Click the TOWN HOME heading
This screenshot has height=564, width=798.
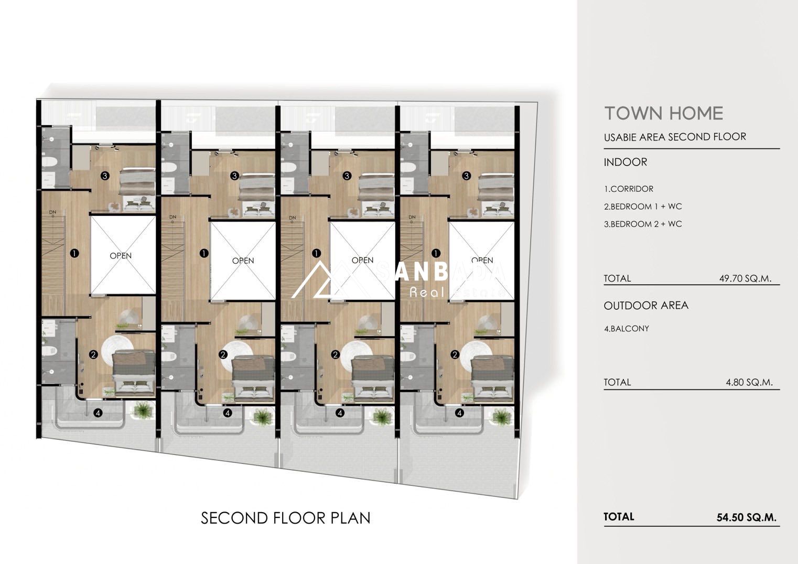(x=664, y=114)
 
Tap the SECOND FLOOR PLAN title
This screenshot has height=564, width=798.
(x=286, y=518)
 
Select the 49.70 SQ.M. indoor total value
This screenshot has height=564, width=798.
(x=745, y=278)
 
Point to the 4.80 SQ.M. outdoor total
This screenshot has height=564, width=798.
(x=749, y=383)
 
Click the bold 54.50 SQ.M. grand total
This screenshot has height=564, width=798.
(x=746, y=517)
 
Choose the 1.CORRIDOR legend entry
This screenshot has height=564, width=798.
(x=629, y=189)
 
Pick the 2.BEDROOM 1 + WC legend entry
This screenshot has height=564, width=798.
(x=643, y=207)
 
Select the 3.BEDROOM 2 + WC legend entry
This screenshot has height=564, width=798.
(x=643, y=224)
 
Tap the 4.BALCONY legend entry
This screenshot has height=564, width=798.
(x=626, y=329)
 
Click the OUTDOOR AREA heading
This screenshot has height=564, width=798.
(x=646, y=306)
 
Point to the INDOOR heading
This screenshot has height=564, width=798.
(x=625, y=162)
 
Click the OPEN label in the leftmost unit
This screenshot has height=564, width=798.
(x=121, y=256)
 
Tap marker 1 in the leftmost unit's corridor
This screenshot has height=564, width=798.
(x=74, y=254)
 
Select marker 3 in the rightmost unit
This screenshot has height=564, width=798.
(x=466, y=176)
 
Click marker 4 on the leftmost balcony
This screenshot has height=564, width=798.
(x=98, y=413)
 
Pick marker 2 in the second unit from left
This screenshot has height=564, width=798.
(x=223, y=355)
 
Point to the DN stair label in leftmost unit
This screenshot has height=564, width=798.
(x=53, y=212)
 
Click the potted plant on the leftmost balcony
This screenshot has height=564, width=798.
(x=144, y=410)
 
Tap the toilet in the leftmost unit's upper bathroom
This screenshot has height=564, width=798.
(x=49, y=162)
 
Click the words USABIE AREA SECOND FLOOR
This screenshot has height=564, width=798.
(x=675, y=137)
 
